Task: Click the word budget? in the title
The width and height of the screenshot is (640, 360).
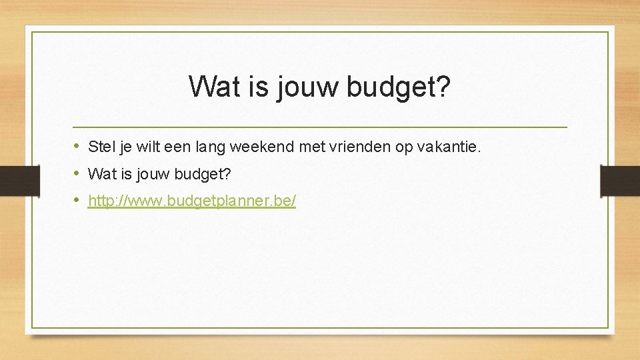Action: point(399,87)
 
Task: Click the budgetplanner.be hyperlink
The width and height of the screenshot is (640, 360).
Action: point(192,201)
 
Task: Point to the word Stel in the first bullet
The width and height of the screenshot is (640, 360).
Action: point(101,147)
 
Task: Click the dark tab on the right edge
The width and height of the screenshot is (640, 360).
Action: point(620,181)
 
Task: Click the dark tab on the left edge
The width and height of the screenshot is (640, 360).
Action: point(19,181)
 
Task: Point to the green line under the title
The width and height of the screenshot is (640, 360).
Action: point(320,127)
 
